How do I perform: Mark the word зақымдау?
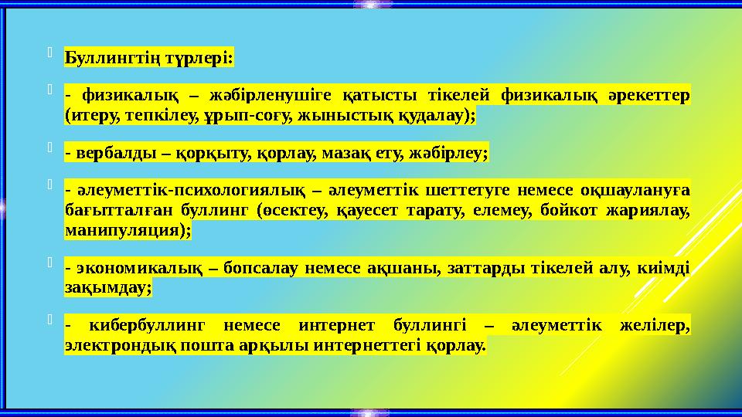click(107, 287)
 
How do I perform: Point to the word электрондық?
click(113, 345)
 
